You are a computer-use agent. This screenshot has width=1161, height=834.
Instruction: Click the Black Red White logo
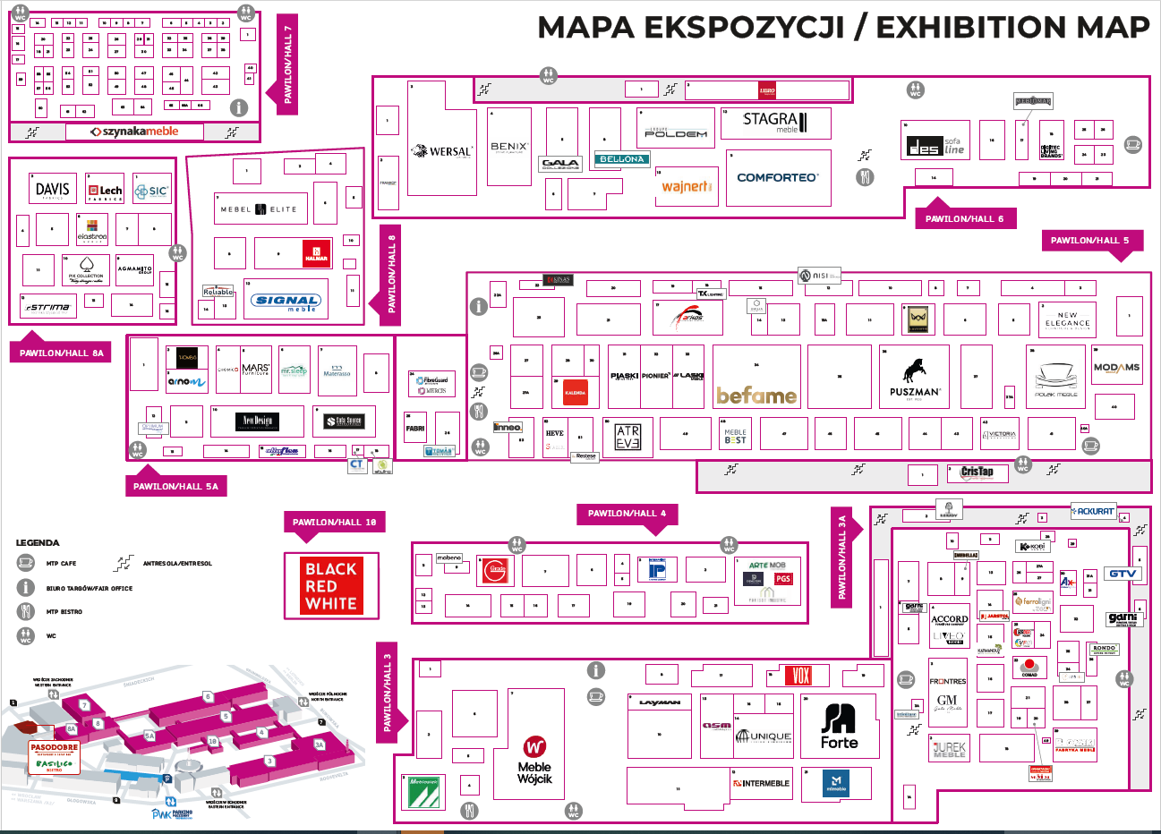(331, 586)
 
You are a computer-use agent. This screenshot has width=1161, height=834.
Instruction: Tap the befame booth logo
(756, 395)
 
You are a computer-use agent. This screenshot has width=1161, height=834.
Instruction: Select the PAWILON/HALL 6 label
(965, 218)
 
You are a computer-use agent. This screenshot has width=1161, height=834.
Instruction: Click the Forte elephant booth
(839, 726)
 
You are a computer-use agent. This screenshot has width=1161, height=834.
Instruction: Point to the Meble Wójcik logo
(534, 760)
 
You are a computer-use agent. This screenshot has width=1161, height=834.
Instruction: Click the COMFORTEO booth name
(777, 177)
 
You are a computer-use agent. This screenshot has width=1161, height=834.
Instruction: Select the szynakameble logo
(135, 132)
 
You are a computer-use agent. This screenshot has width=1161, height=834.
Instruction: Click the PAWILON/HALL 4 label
(627, 514)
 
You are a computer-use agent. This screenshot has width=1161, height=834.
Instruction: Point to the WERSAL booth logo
(441, 151)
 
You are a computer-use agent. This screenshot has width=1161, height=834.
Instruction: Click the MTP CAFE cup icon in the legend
(25, 563)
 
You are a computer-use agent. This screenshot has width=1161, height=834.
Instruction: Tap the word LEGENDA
(38, 543)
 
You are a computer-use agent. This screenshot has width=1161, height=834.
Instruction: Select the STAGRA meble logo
(775, 122)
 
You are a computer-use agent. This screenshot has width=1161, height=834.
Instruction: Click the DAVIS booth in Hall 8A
(52, 190)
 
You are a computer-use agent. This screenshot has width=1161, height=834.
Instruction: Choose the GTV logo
(1123, 574)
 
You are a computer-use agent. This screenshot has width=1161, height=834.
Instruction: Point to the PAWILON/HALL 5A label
(175, 487)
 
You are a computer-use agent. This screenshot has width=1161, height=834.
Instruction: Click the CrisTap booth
(977, 472)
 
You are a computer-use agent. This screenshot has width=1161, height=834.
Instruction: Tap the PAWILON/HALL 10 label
(334, 523)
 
